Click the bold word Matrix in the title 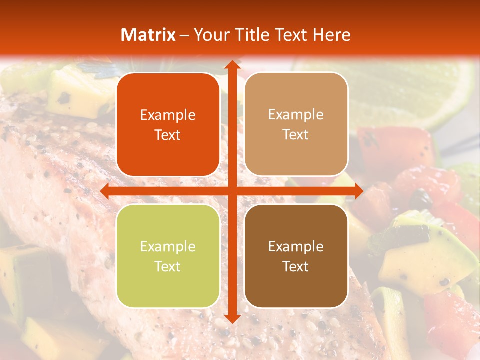click(x=148, y=35)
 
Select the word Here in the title click(x=331, y=35)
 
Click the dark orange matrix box click(x=168, y=125)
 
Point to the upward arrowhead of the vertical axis click(x=231, y=65)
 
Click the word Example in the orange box click(x=168, y=115)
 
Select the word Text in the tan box click(x=296, y=135)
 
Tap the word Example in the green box click(x=168, y=247)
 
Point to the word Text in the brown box click(x=296, y=266)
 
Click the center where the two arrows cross click(x=231, y=191)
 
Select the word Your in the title click(x=210, y=35)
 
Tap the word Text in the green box click(x=168, y=266)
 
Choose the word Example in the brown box click(x=296, y=247)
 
